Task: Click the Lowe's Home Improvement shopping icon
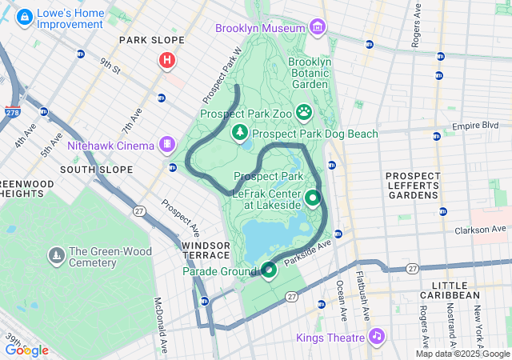25,15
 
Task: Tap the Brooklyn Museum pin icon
318,28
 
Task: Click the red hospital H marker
166,59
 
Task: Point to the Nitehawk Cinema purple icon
167,145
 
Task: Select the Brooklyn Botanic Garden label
309,72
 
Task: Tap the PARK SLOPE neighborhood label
151,40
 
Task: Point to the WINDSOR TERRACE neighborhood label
206,250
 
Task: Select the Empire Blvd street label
475,126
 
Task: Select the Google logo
26,350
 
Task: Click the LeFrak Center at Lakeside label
266,199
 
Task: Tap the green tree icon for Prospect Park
238,131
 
